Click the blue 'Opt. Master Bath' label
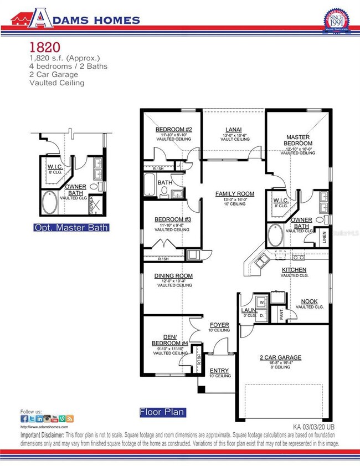[71, 228]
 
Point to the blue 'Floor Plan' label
[162, 412]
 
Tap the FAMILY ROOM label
[235, 194]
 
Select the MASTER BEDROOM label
[298, 140]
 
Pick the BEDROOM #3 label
[173, 219]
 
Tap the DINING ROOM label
[173, 275]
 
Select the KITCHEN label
[295, 270]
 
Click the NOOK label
[310, 301]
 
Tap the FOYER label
[219, 325]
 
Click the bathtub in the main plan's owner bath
[275, 235]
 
